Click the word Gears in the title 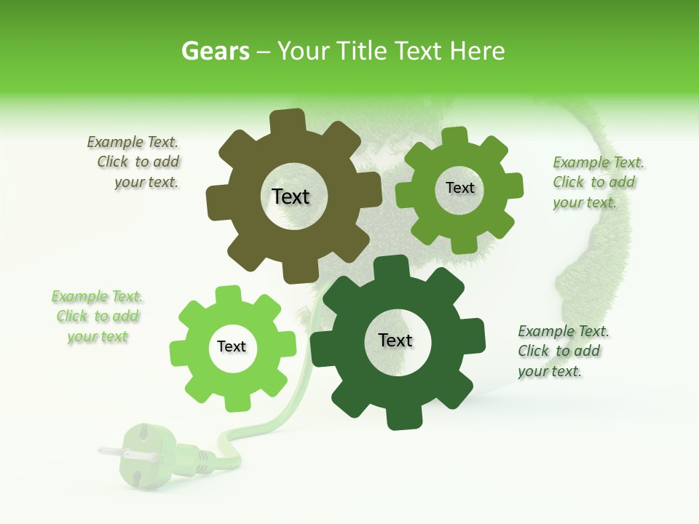216,51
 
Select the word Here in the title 477,51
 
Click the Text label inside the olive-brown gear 291,196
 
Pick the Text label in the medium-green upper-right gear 459,188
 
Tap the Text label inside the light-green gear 232,346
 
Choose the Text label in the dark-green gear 395,340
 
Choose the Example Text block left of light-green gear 97,316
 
